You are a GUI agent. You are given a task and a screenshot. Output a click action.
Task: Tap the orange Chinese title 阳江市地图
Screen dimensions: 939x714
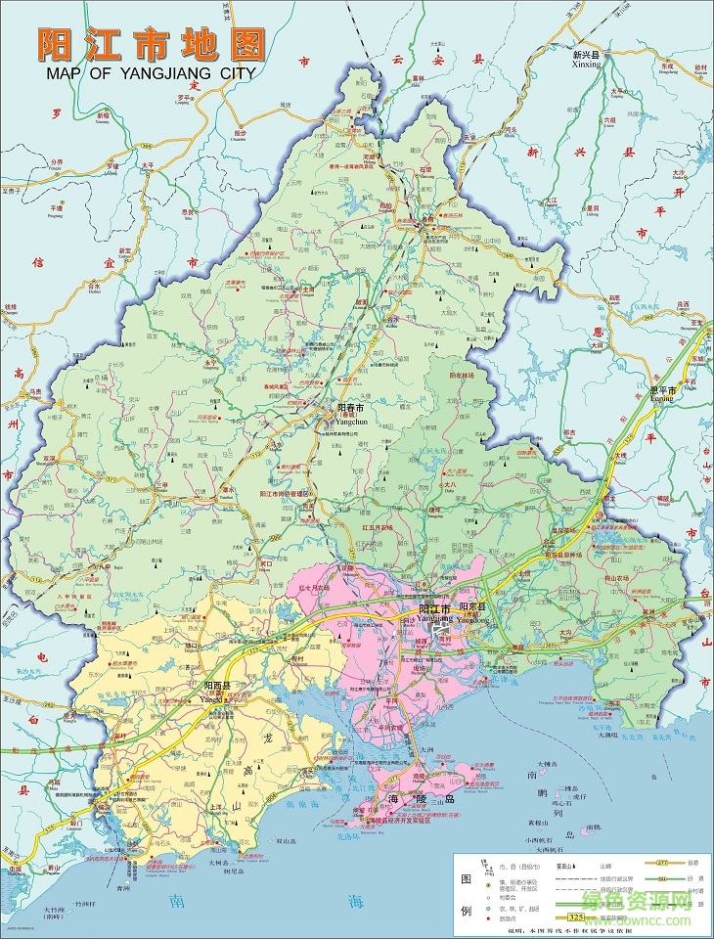(x=152, y=43)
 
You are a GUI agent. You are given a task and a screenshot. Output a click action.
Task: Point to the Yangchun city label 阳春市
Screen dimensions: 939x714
(x=350, y=407)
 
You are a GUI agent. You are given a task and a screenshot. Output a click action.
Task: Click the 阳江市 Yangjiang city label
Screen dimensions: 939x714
(x=430, y=608)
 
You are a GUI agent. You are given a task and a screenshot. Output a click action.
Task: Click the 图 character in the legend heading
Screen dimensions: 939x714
(x=469, y=877)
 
